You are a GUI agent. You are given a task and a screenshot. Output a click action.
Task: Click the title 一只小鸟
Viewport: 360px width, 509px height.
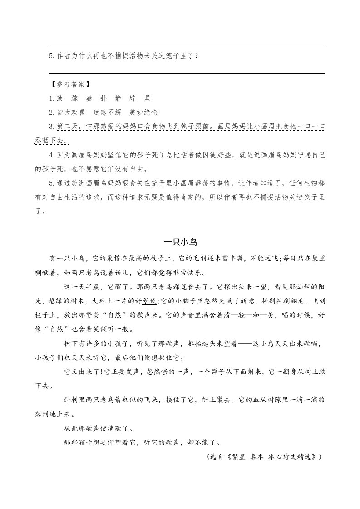click(x=180, y=242)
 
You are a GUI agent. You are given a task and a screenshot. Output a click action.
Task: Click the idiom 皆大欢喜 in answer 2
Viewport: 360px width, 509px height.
click(x=72, y=113)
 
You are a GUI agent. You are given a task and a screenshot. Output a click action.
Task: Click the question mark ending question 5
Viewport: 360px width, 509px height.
click(x=195, y=56)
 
